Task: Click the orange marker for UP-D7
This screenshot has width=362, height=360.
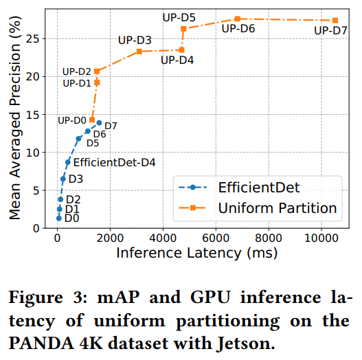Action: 335,21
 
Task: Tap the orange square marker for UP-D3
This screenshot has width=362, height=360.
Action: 139,52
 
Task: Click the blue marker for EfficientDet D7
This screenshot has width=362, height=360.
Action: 99,123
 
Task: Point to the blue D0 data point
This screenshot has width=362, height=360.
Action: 59,218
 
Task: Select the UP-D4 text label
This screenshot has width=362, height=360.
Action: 177,60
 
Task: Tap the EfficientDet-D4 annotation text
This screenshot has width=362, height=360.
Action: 114,163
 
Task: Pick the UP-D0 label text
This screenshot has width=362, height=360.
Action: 71,120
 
